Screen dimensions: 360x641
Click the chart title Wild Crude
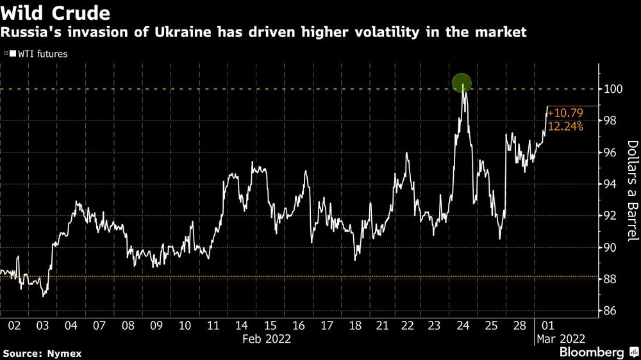tap(56, 13)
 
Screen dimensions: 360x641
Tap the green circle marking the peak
tap(462, 83)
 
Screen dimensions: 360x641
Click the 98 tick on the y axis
tap(611, 121)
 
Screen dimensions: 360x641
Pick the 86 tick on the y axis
tap(611, 311)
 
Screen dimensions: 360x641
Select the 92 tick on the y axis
tap(611, 216)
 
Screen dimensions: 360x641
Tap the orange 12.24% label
tap(565, 127)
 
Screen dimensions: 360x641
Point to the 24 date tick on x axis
tap(463, 325)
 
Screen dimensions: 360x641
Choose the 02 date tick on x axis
tap(14, 325)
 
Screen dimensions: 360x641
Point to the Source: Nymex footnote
tap(43, 353)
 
